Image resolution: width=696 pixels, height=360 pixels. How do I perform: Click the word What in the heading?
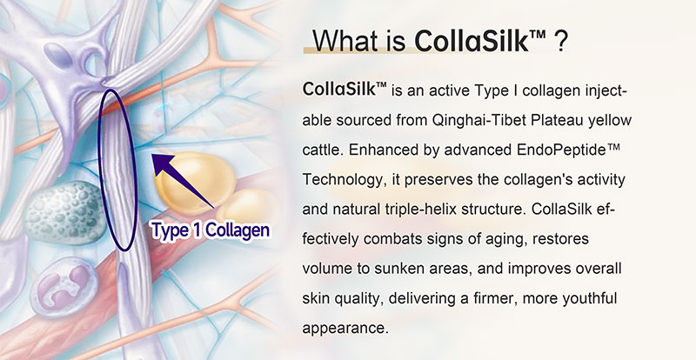pyautogui.click(x=346, y=42)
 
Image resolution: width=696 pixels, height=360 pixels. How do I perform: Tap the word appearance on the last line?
pyautogui.click(x=345, y=328)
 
